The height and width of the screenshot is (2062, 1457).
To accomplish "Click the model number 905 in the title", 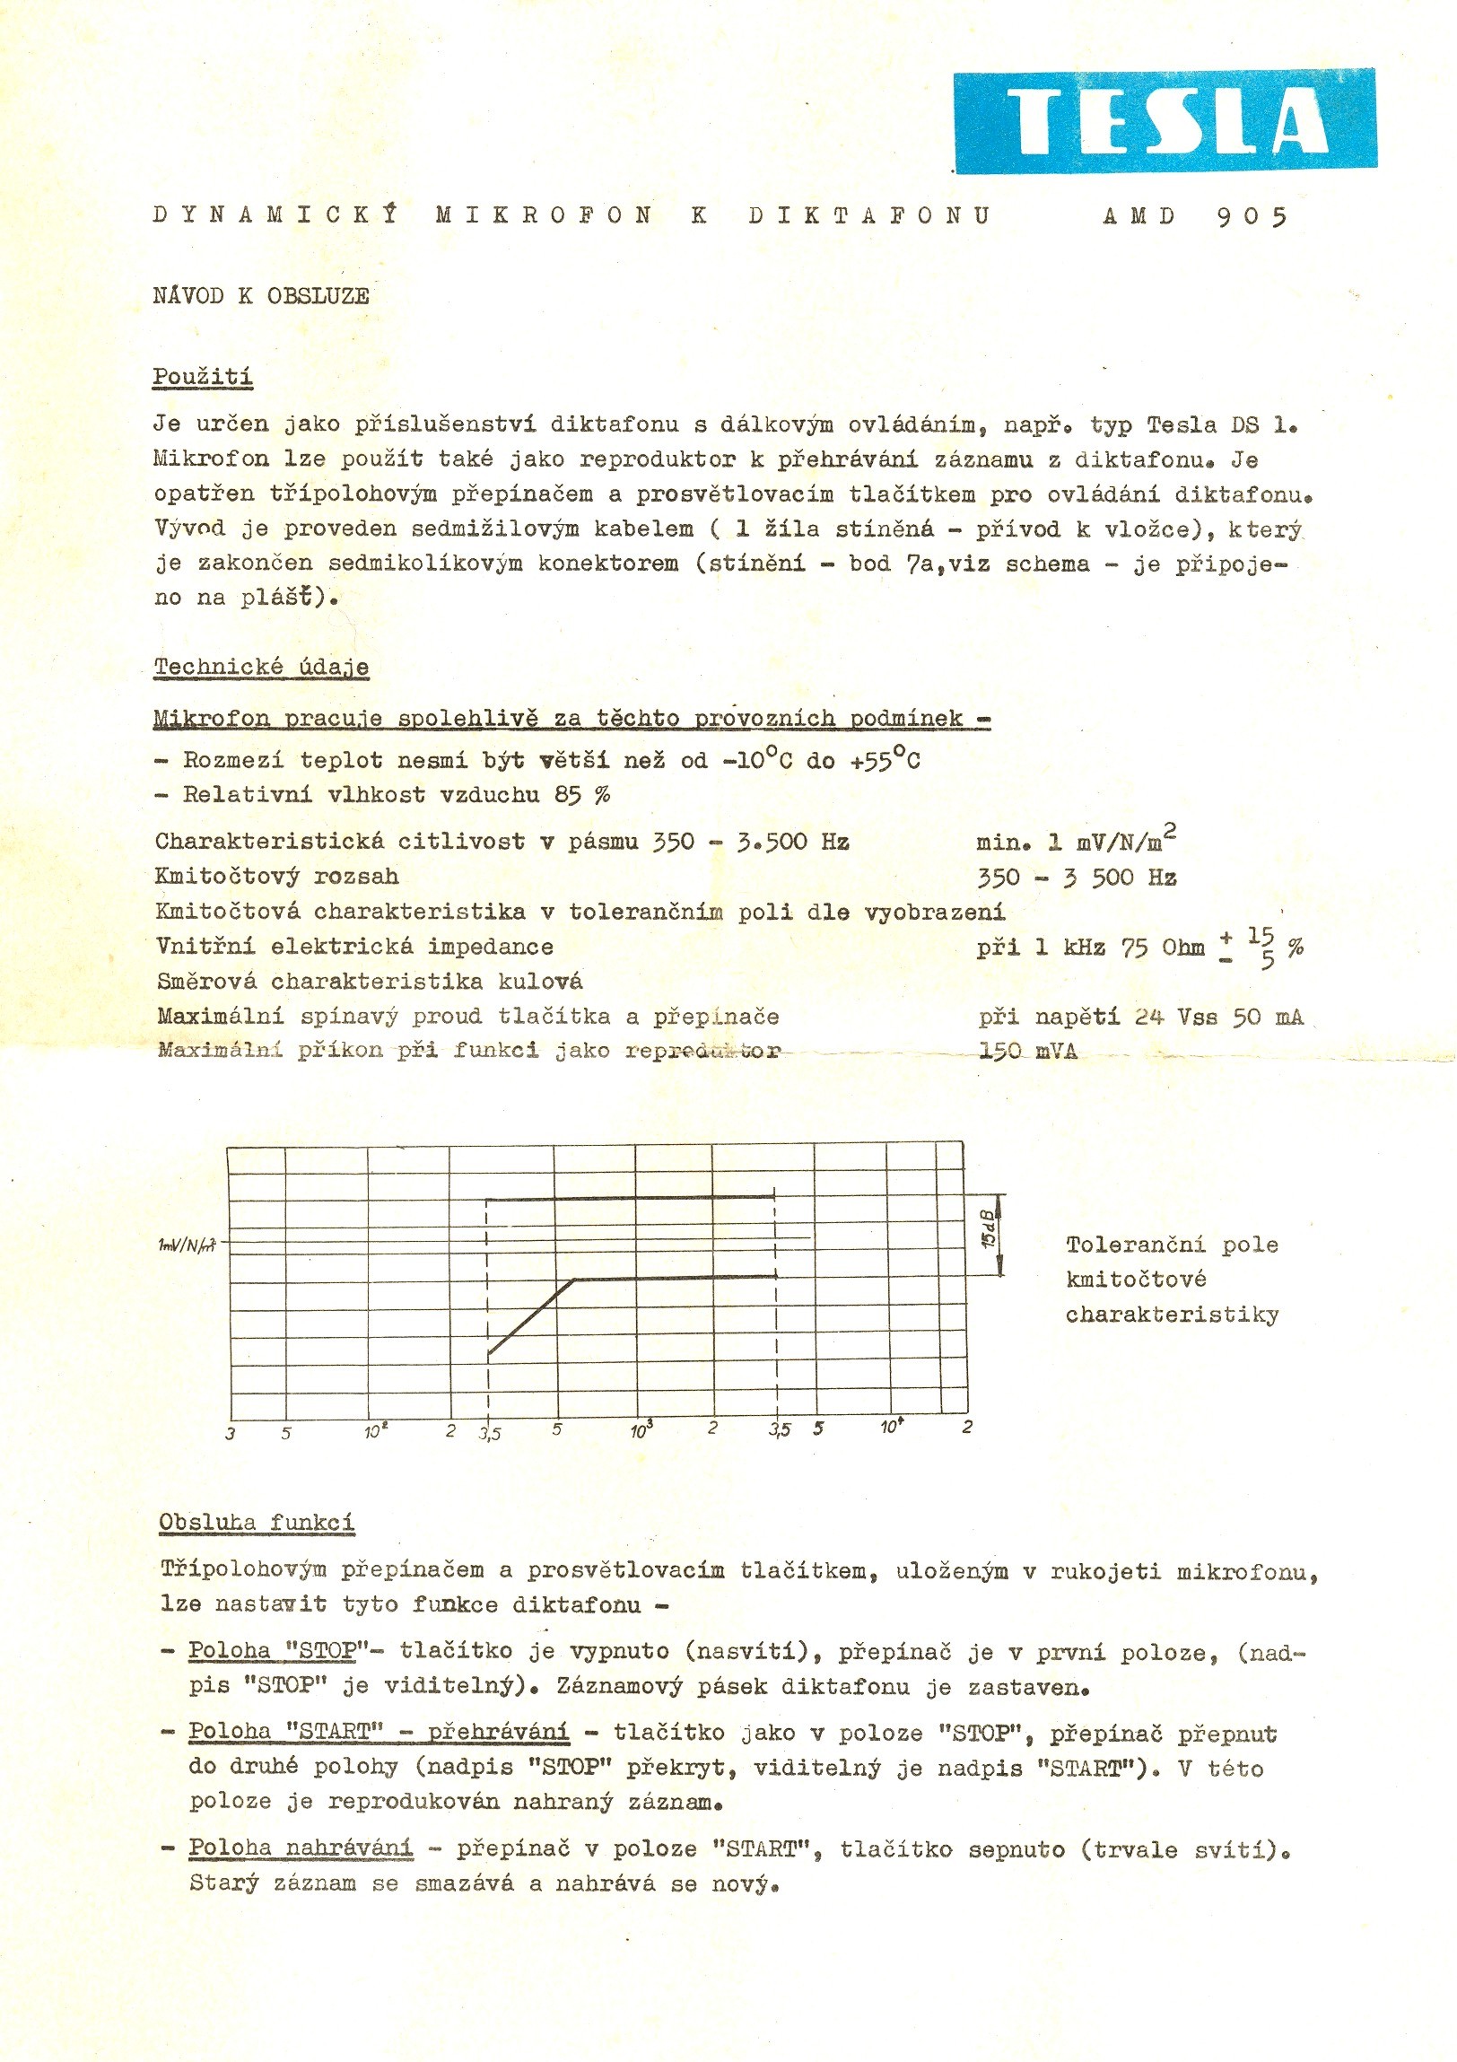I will tap(1252, 216).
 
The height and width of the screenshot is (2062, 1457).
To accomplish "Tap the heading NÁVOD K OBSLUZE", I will tap(260, 296).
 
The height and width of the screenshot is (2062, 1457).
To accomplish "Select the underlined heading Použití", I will tap(202, 377).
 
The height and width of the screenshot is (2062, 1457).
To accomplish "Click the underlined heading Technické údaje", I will tap(261, 668).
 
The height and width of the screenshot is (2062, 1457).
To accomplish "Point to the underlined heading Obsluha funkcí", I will tap(257, 1522).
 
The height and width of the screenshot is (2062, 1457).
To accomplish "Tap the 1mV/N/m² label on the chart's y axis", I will tap(186, 1245).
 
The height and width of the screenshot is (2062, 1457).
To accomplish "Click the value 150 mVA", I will tap(1028, 1051).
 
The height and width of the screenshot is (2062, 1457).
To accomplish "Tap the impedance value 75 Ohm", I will tap(1162, 948).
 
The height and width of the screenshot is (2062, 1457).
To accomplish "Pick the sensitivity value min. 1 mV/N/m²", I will tap(1076, 842).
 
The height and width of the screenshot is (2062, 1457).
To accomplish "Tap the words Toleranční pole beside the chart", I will tap(1172, 1245).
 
